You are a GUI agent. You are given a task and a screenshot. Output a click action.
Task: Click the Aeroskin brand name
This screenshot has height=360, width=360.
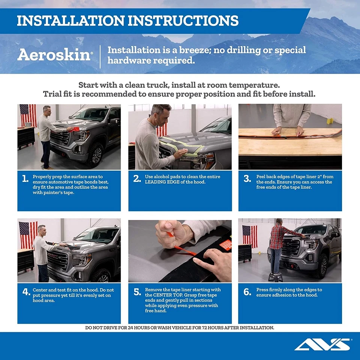pyautogui.click(x=54, y=55)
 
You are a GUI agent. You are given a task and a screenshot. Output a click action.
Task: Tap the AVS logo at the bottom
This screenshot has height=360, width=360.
pyautogui.click(x=323, y=344)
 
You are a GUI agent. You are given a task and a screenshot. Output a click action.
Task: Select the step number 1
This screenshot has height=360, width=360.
pyautogui.click(x=25, y=179)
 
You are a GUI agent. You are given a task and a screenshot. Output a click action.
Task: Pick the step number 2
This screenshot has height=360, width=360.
pyautogui.click(x=137, y=179)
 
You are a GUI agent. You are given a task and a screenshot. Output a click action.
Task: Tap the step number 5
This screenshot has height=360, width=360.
pyautogui.click(x=137, y=292)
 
